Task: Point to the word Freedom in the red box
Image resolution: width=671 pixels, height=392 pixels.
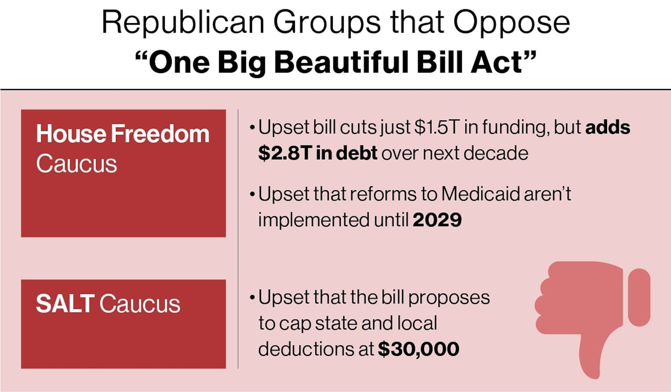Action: (x=160, y=134)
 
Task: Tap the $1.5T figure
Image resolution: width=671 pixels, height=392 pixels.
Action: (x=436, y=128)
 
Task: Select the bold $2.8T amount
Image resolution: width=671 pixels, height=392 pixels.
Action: (x=285, y=153)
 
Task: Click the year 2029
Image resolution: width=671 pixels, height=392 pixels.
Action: (x=437, y=220)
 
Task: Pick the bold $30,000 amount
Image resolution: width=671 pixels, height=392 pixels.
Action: (x=418, y=349)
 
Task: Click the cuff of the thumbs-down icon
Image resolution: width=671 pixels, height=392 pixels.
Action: (x=639, y=297)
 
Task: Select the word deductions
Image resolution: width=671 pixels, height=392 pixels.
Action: (x=306, y=349)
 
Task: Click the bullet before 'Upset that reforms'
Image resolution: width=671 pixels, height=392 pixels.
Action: (x=252, y=195)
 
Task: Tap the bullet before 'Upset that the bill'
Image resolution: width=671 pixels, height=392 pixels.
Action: (x=252, y=298)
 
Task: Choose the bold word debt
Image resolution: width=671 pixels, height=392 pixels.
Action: (x=356, y=153)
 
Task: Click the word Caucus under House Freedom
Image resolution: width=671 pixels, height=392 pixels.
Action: (x=76, y=164)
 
